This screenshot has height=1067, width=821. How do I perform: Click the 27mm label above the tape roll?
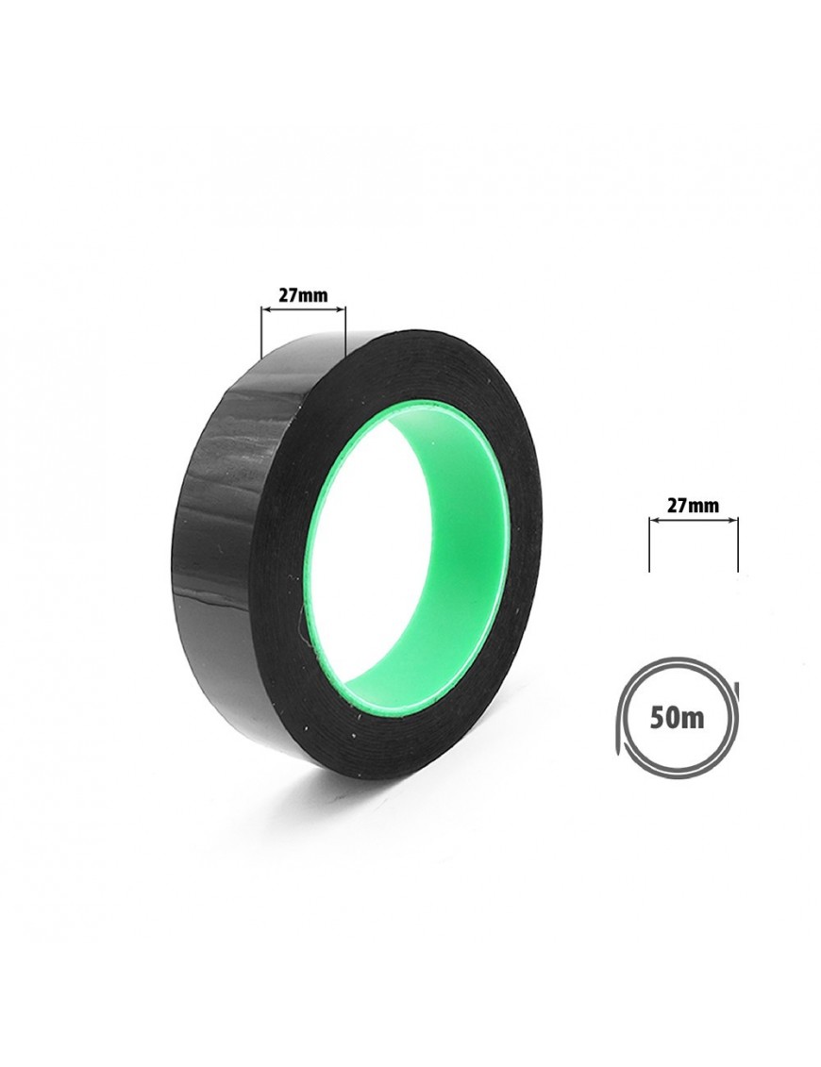pos(303,296)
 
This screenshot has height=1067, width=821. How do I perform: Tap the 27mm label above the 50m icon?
pos(693,506)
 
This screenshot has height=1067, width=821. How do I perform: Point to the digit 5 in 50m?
pos(659,719)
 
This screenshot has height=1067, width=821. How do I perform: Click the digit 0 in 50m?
pos(676,719)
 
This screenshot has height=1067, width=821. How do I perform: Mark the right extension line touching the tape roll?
pos(345,329)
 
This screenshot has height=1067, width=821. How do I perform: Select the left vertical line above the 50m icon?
pos(650,543)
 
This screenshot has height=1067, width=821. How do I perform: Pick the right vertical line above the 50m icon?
pos(737,543)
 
